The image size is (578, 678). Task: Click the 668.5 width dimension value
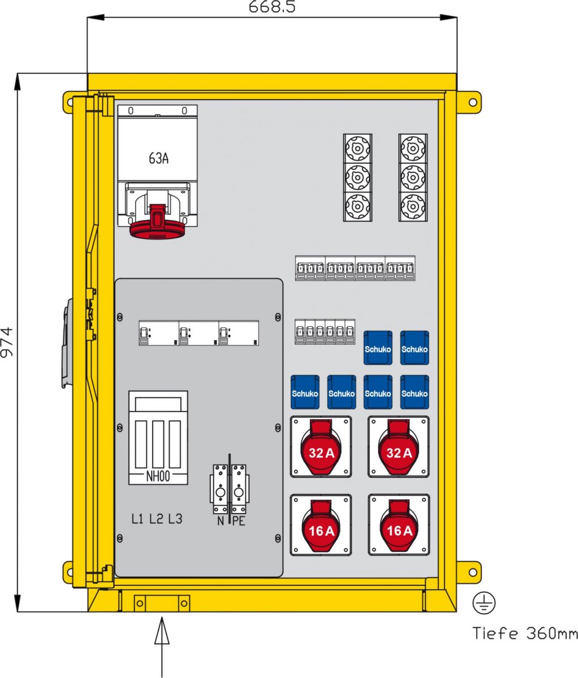(x=272, y=7)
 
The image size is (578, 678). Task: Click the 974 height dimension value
(x=7, y=342)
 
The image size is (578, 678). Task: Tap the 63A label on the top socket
(x=158, y=158)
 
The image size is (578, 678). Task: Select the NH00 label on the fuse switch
(x=158, y=477)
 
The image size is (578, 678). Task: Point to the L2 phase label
(x=156, y=519)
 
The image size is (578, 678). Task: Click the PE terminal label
(x=239, y=521)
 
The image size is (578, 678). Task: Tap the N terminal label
(x=221, y=521)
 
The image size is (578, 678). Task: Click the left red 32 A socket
(x=321, y=447)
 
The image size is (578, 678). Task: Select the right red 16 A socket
(x=399, y=525)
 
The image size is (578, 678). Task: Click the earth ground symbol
(x=484, y=603)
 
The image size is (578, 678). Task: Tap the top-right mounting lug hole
(x=473, y=103)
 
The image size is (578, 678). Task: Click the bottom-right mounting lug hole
(x=473, y=572)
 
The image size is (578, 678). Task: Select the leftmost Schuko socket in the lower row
(x=305, y=392)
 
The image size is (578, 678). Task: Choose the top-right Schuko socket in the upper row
(x=415, y=347)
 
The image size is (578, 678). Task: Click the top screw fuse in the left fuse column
(x=357, y=148)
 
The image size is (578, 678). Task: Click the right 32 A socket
(x=399, y=447)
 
